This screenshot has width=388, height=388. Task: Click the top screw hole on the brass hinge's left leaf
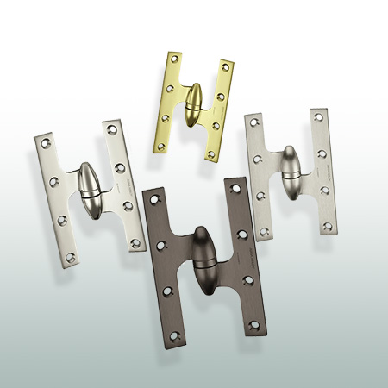(177, 59)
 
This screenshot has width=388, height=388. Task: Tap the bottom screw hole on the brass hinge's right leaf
(211, 154)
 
